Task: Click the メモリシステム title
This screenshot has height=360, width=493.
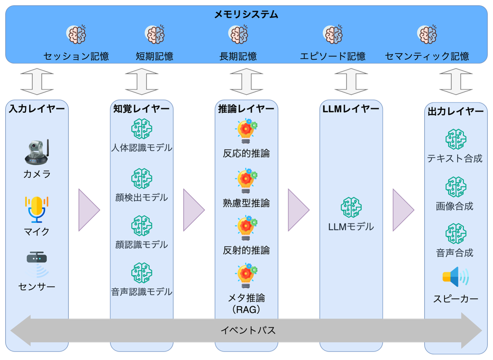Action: pyautogui.click(x=246, y=15)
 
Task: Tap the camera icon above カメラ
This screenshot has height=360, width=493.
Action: pyautogui.click(x=37, y=152)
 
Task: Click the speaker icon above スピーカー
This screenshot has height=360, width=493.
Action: pyautogui.click(x=455, y=277)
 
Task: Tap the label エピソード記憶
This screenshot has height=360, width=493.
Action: pyautogui.click(x=333, y=56)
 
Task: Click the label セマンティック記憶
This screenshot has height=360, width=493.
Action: pyautogui.click(x=427, y=56)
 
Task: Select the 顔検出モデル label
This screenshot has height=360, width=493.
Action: pyautogui.click(x=142, y=198)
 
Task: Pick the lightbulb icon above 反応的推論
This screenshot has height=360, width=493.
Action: pyautogui.click(x=246, y=131)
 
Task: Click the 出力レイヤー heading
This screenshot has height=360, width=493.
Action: pyautogui.click(x=456, y=112)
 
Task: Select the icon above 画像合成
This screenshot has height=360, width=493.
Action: pyautogui.click(x=455, y=187)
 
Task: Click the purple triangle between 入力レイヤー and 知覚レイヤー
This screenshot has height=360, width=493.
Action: pyautogui.click(x=88, y=210)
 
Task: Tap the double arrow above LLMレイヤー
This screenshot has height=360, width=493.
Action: pyautogui.click(x=351, y=82)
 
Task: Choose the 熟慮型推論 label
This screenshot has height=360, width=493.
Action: pyautogui.click(x=246, y=203)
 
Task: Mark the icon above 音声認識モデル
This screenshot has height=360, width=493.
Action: pyautogui.click(x=142, y=273)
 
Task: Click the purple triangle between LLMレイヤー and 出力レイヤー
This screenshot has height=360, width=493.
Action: pyautogui.click(x=402, y=210)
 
